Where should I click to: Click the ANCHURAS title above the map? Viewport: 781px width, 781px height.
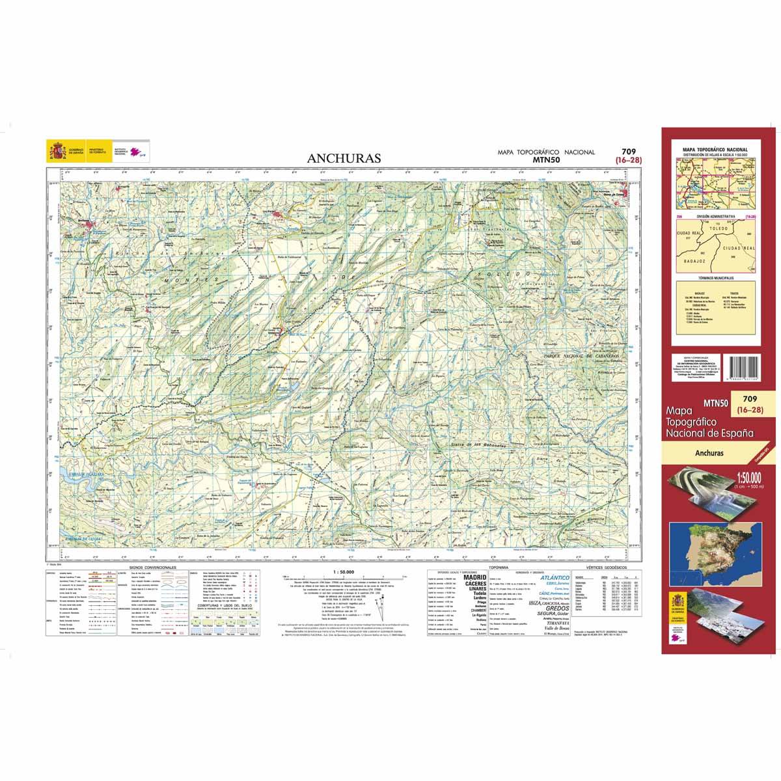tap(345, 158)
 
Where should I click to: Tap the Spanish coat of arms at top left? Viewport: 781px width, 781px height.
tap(55, 152)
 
